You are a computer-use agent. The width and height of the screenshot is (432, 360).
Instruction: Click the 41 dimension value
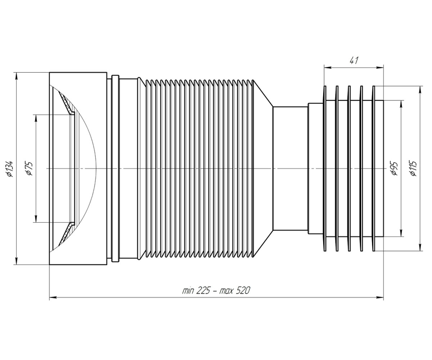click(x=354, y=60)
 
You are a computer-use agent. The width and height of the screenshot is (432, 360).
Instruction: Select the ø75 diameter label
click(x=29, y=168)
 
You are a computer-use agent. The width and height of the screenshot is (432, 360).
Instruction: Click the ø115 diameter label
click(x=414, y=168)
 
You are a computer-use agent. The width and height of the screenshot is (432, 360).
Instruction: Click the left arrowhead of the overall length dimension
click(x=53, y=297)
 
